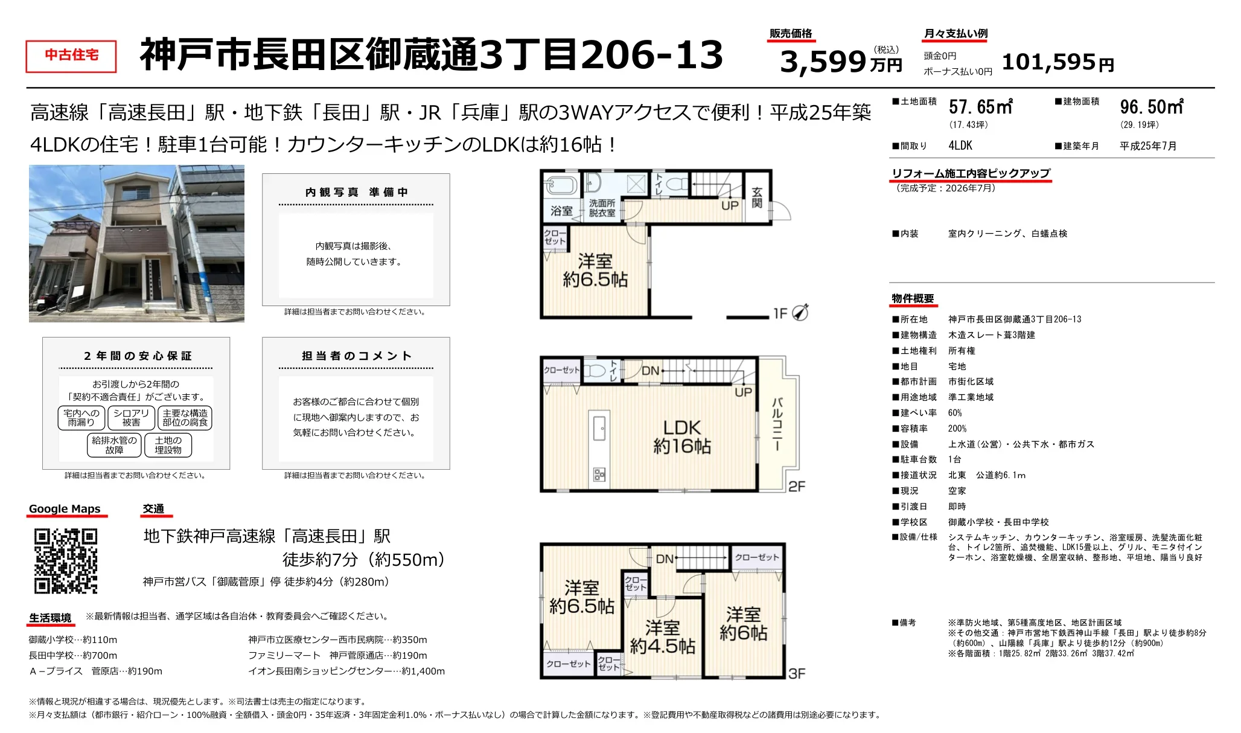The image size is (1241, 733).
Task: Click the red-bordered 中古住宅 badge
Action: pyautogui.click(x=71, y=56)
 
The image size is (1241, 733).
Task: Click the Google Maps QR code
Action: pyautogui.click(x=66, y=561)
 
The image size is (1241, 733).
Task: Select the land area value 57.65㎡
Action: pyautogui.click(x=981, y=107)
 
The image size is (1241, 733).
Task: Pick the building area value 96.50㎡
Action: pyautogui.click(x=1152, y=107)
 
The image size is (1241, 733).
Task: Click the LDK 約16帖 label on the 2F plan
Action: pyautogui.click(x=682, y=437)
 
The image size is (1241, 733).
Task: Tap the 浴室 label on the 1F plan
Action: pyautogui.click(x=561, y=211)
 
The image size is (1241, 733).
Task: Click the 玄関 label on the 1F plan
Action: pyautogui.click(x=757, y=197)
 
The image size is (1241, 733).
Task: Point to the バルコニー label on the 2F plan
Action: pyautogui.click(x=777, y=424)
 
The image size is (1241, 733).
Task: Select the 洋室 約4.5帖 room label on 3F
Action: pyautogui.click(x=663, y=637)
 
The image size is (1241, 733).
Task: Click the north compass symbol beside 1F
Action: pyautogui.click(x=800, y=312)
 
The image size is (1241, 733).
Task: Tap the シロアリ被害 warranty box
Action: pyautogui.click(x=131, y=418)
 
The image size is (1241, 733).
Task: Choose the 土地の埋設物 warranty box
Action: pyautogui.click(x=168, y=445)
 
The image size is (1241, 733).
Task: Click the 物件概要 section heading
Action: pyautogui.click(x=913, y=299)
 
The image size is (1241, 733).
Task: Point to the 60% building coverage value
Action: pyautogui.click(x=955, y=413)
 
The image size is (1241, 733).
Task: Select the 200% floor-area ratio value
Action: pyautogui.click(x=957, y=429)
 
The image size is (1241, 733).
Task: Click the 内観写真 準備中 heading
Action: pyautogui.click(x=356, y=192)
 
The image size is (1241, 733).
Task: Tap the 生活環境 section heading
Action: pyautogui.click(x=50, y=618)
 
